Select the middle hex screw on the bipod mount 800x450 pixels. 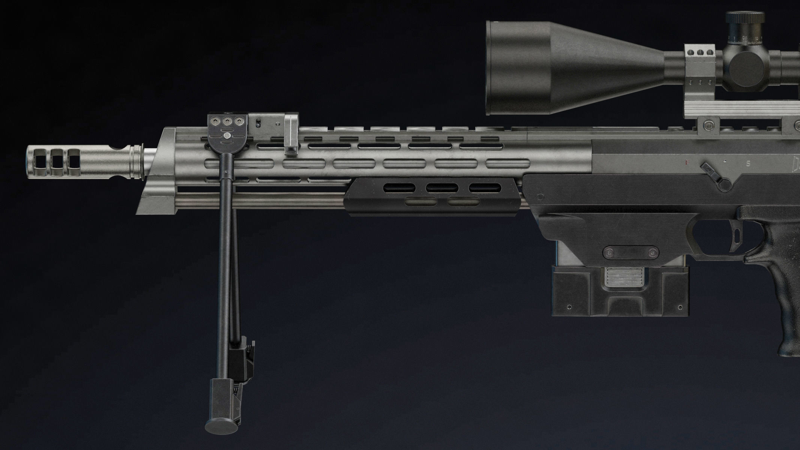click(227, 121)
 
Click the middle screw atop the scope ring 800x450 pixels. click(700, 52)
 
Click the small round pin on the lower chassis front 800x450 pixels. click(540, 196)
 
